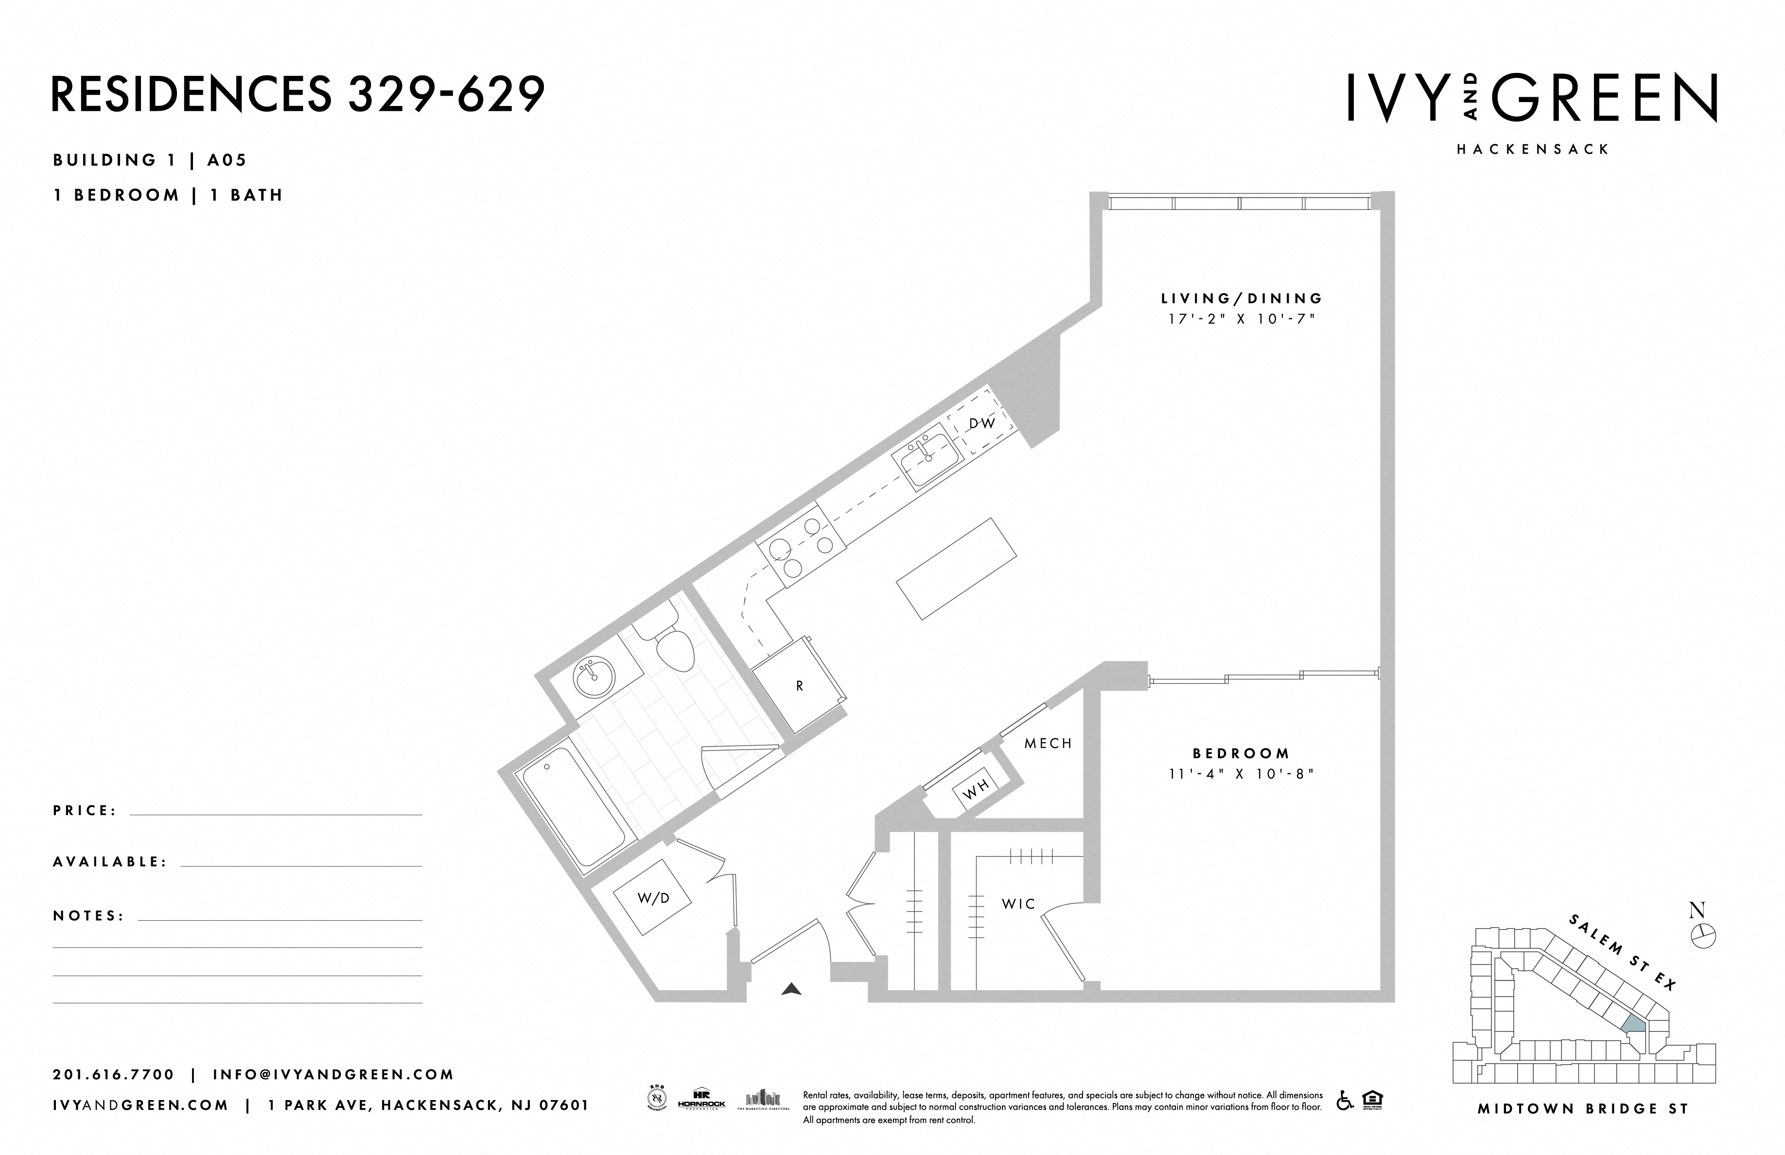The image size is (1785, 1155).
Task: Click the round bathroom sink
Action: (x=593, y=679)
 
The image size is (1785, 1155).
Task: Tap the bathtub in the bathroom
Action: (x=574, y=815)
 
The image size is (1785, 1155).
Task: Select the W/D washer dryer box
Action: (x=652, y=898)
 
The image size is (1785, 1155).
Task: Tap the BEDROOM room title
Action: (x=1241, y=753)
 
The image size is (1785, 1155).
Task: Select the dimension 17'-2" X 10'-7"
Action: (x=1241, y=319)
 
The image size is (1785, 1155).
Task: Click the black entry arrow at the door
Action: (x=791, y=989)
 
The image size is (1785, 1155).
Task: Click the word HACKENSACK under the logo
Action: (x=1533, y=149)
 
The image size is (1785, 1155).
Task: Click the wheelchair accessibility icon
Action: (x=1345, y=1101)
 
